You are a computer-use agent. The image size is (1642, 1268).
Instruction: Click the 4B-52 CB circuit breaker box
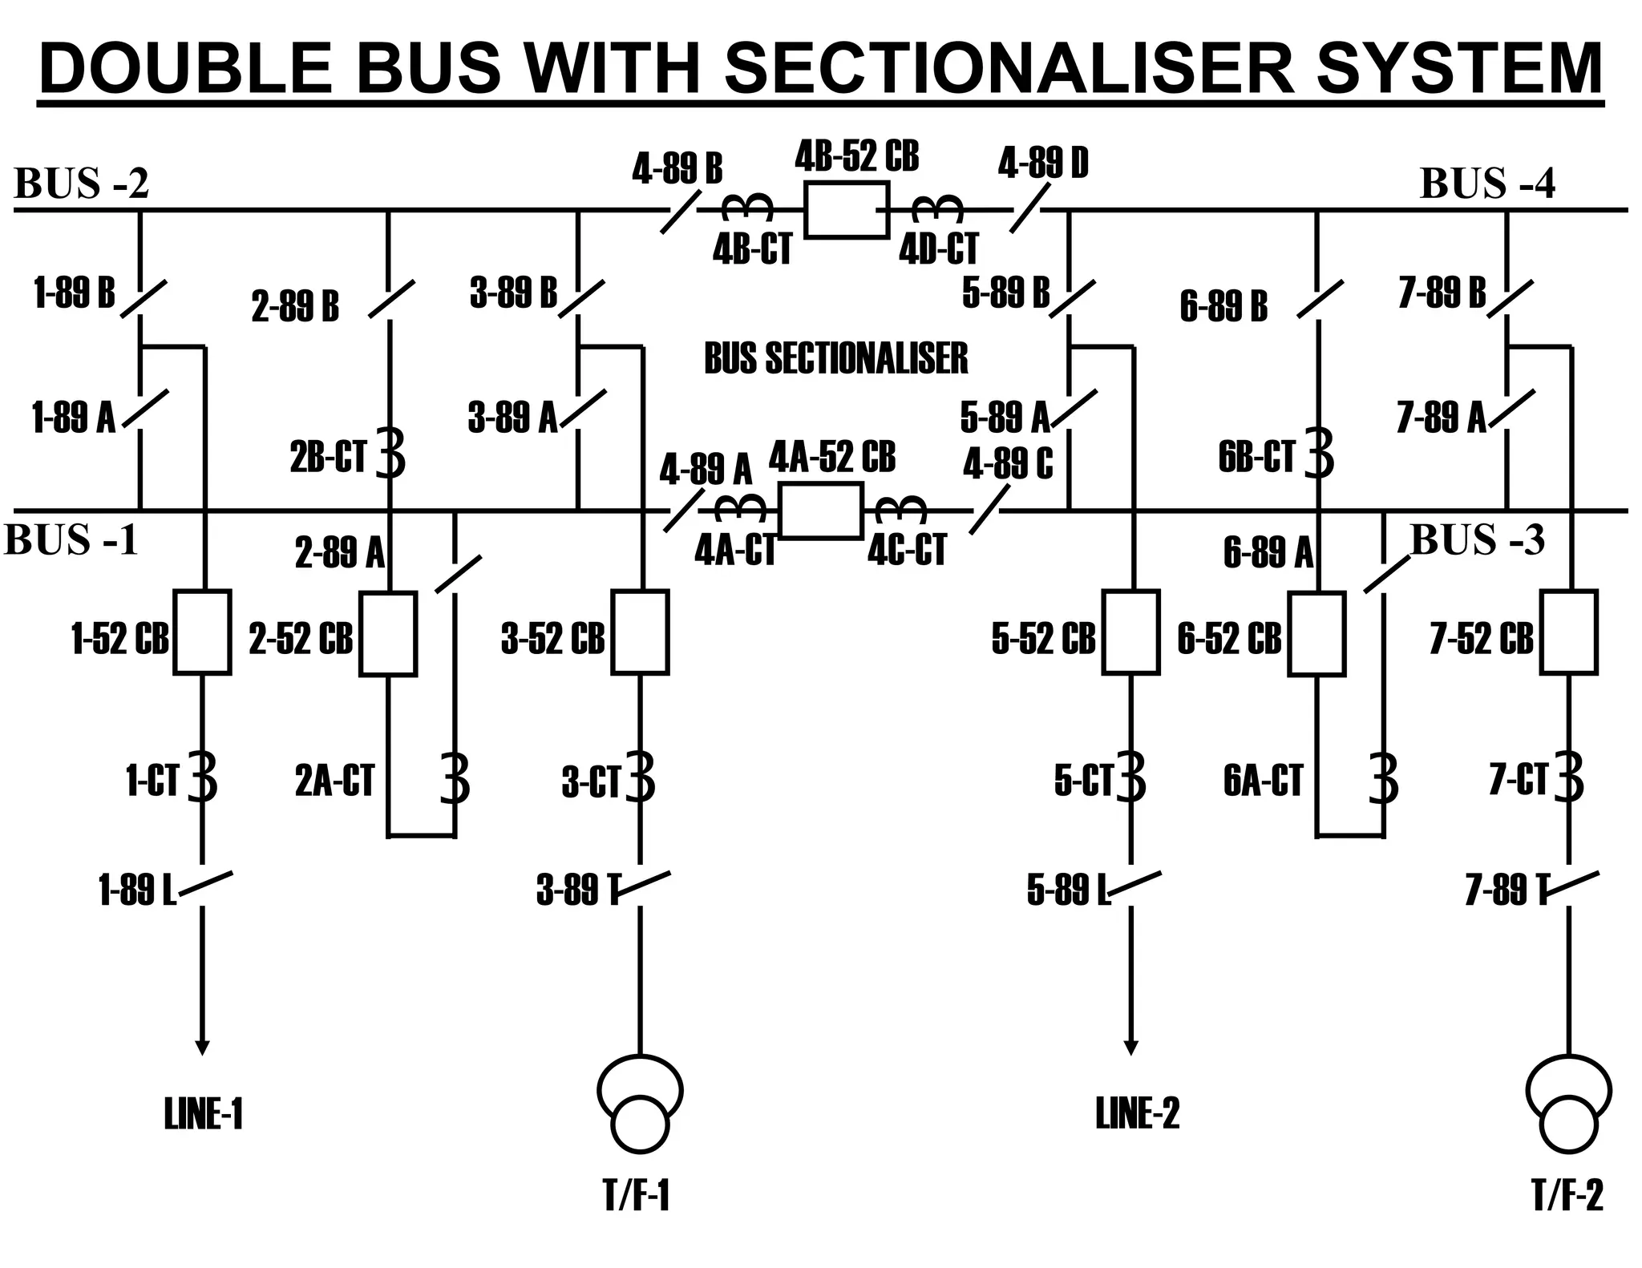(847, 210)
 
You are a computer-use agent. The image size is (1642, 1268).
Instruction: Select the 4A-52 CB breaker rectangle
(821, 511)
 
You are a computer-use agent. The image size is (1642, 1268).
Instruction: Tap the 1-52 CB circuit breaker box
(202, 632)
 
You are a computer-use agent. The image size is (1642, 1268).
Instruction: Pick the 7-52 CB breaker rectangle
(1569, 632)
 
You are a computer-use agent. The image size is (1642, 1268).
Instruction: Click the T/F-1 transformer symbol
(640, 1104)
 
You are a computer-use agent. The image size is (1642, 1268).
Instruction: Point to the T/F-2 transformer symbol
(1568, 1104)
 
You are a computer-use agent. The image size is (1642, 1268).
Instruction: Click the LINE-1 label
(203, 1114)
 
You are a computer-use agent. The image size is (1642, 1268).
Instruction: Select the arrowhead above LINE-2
(1130, 1048)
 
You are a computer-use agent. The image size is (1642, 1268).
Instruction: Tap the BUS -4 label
(1486, 184)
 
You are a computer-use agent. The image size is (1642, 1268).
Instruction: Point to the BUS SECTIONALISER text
(835, 358)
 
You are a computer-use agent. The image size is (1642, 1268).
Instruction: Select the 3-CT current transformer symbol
(641, 776)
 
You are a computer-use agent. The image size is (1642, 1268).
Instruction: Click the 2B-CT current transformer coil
(391, 454)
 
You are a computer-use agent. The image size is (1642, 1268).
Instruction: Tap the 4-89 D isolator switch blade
(1029, 208)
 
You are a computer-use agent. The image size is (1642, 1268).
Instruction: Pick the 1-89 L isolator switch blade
(206, 884)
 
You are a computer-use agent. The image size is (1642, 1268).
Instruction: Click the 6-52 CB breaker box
(1316, 634)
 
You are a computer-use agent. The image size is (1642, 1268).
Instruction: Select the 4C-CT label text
(907, 551)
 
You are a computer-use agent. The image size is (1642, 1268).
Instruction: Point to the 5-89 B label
(1005, 293)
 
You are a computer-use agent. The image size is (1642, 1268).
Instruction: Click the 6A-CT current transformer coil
(1385, 778)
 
